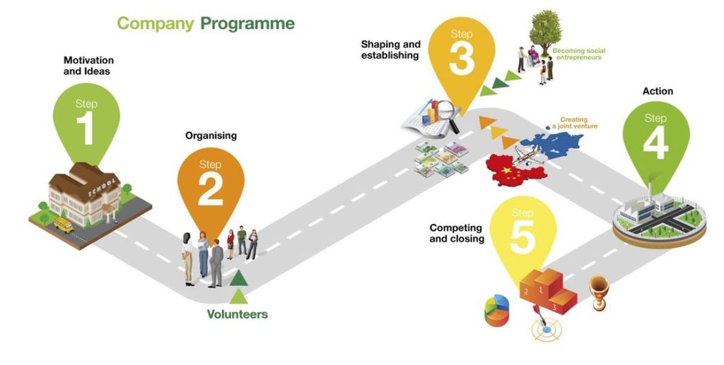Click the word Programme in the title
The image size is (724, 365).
(x=247, y=23)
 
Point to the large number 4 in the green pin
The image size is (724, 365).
(x=655, y=143)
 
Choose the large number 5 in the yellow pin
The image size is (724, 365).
(x=522, y=237)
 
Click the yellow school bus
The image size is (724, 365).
(x=63, y=225)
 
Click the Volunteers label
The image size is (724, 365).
(x=238, y=314)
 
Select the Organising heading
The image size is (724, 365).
(x=211, y=135)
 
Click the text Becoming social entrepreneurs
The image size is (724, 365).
(x=578, y=54)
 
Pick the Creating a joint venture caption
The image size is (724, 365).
(x=575, y=123)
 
